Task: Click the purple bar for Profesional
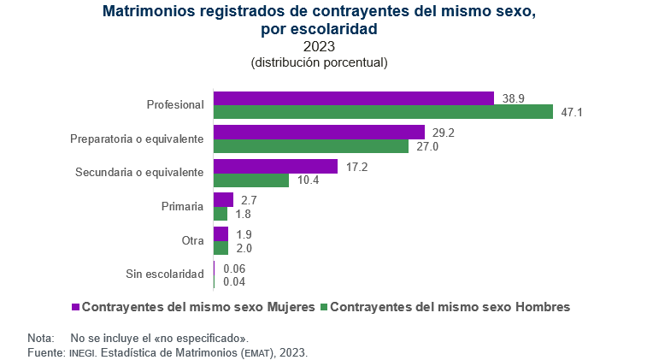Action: [x=353, y=98]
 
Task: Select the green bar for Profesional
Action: [x=383, y=112]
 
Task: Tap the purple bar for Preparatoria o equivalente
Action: [x=319, y=133]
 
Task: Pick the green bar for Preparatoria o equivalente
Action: [x=311, y=146]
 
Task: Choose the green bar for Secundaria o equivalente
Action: [x=251, y=180]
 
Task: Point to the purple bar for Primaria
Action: [x=223, y=200]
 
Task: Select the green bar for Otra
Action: [x=221, y=248]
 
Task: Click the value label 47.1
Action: [x=572, y=113]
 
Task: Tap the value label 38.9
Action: [x=513, y=98]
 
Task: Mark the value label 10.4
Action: [x=309, y=180]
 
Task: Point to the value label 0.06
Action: [x=234, y=268]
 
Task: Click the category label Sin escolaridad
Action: [x=163, y=274]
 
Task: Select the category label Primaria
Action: [x=182, y=207]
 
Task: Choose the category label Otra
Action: [x=192, y=241]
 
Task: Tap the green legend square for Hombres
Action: [x=324, y=305]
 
